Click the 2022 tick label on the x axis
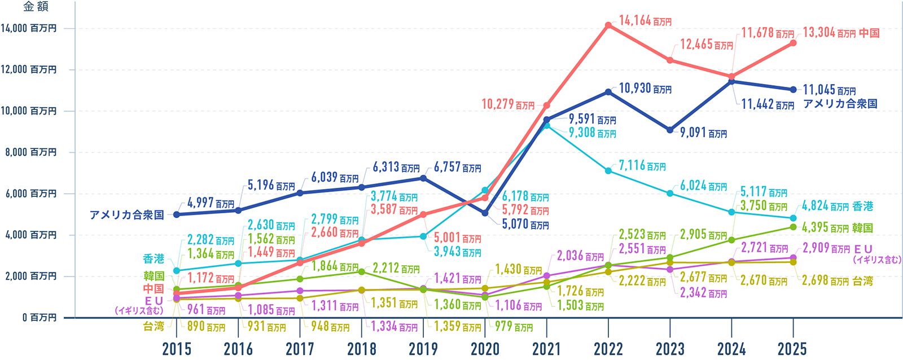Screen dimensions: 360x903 tap(608, 349)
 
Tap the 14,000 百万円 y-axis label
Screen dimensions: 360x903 tap(29, 28)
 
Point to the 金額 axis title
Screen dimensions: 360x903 tap(36, 7)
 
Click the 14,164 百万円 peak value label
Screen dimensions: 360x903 tap(645, 21)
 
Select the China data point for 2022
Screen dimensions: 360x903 tap(608, 25)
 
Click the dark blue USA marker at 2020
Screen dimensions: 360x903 tap(485, 213)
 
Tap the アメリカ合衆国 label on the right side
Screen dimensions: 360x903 tap(840, 104)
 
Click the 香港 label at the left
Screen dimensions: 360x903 tap(154, 259)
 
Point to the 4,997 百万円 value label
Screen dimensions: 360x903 tap(211, 203)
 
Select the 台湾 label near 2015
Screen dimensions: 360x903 tap(154, 326)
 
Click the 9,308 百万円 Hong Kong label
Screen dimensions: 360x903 tap(592, 133)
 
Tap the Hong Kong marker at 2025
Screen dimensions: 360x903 tap(793, 218)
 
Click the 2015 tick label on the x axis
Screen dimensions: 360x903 tap(177, 349)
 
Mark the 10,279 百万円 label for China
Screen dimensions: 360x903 tap(508, 104)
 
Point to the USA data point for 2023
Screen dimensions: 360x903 tap(670, 130)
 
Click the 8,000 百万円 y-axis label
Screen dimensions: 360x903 tap(29, 152)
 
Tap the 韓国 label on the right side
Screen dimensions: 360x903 tap(863, 228)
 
